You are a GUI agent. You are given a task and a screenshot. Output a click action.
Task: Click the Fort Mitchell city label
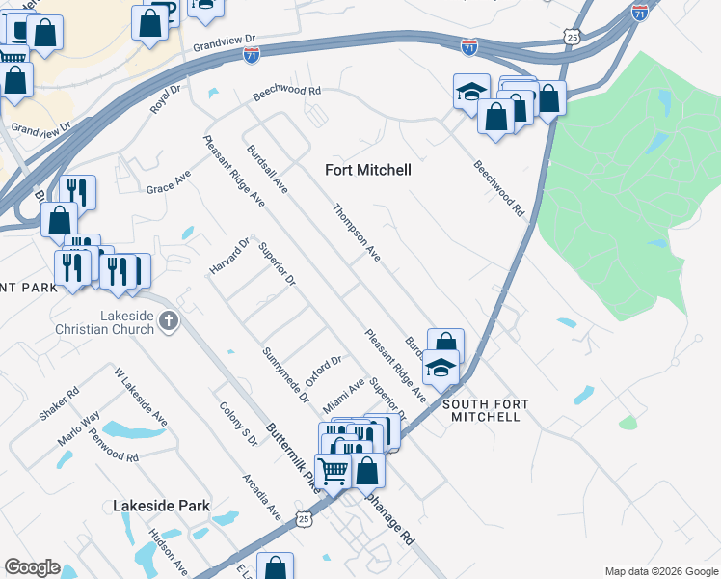[x=367, y=170]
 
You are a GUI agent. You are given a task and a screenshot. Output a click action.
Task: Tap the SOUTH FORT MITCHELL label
[x=481, y=410]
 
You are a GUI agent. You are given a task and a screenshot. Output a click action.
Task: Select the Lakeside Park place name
[x=161, y=505]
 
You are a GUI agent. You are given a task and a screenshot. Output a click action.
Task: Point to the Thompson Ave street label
[x=357, y=233]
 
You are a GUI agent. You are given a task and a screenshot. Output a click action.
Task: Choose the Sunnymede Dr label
[x=285, y=374]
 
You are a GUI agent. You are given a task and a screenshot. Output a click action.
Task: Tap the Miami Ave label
[x=343, y=393]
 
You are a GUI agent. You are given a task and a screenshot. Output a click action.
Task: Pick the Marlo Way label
[x=78, y=426]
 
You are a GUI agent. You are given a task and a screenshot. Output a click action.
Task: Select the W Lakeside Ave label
[x=141, y=397]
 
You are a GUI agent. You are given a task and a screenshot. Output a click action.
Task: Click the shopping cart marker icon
[x=333, y=471]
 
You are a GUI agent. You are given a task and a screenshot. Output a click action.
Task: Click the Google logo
[x=33, y=567]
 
